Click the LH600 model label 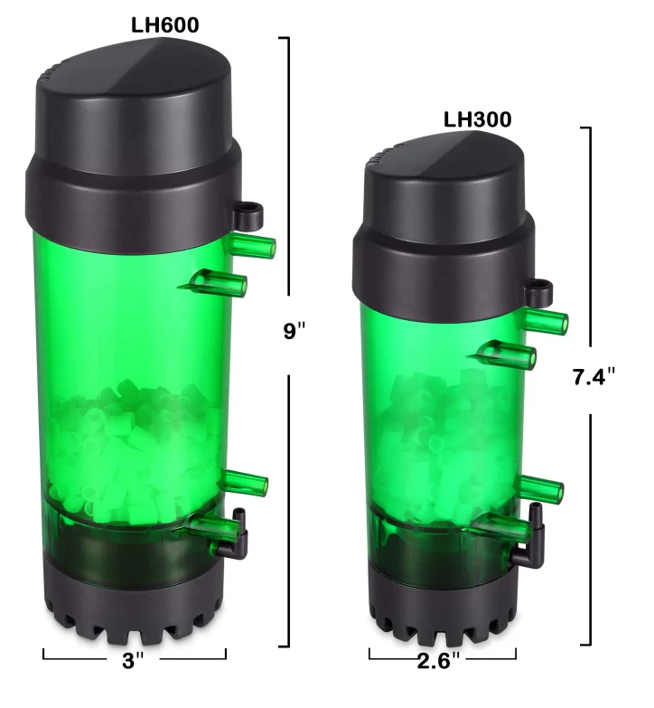click(164, 25)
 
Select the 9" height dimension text click(294, 331)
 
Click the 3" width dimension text click(134, 660)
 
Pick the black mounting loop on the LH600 click(248, 215)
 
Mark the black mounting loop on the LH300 click(540, 290)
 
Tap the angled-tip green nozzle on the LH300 click(506, 354)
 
